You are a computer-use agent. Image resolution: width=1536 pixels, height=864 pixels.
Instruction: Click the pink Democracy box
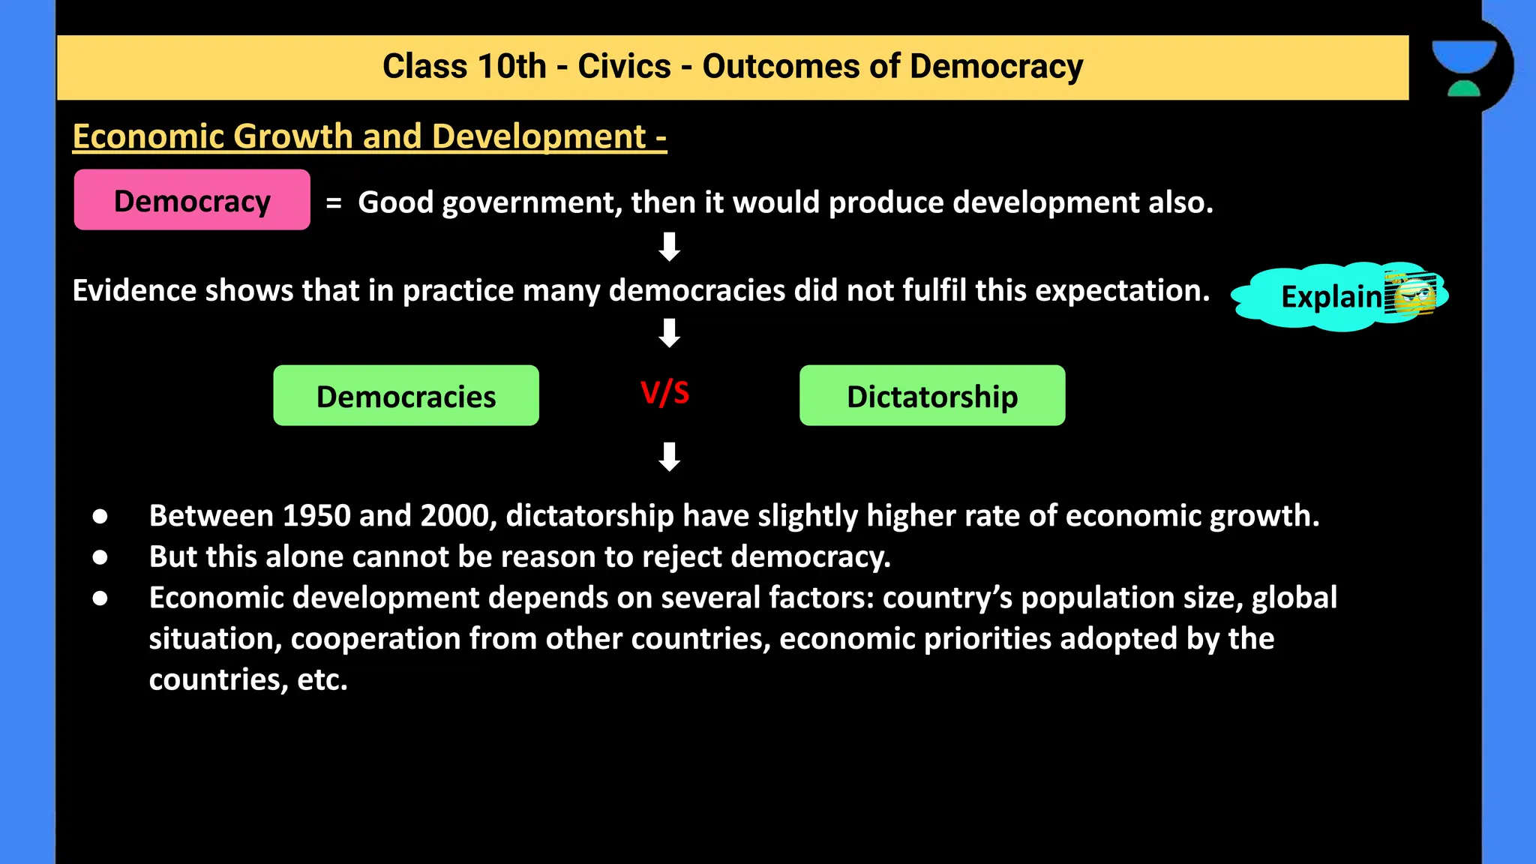(192, 200)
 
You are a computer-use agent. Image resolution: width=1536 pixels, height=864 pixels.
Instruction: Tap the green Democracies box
(406, 396)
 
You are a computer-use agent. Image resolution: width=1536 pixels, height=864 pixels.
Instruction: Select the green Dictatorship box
(932, 396)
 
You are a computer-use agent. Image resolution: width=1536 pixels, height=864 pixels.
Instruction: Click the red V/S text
(665, 392)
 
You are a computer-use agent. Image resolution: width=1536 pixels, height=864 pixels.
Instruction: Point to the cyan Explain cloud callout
(1320, 297)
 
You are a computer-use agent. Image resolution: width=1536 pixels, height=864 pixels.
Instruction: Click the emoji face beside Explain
(1411, 293)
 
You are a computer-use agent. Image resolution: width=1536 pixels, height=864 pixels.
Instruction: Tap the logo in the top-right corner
(1463, 67)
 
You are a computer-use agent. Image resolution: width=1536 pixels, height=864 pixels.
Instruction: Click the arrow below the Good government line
(669, 247)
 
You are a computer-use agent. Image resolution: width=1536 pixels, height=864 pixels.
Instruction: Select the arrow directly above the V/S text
(669, 333)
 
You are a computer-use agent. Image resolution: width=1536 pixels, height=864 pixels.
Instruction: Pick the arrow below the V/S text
(669, 456)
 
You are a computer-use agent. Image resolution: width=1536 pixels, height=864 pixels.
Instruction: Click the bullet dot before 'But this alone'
(100, 557)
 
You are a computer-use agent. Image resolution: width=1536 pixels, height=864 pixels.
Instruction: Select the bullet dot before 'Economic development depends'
(100, 598)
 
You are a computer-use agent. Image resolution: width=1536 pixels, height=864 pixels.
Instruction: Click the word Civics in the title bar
(624, 67)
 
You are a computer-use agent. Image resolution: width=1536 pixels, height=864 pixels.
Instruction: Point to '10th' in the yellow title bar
(512, 67)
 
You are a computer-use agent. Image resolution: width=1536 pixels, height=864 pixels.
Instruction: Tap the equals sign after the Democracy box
(334, 202)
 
